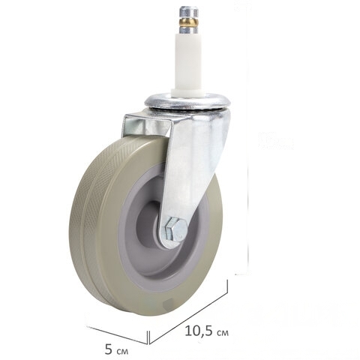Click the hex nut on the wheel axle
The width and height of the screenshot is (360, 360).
click(175, 229)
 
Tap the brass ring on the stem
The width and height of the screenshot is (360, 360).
click(189, 22)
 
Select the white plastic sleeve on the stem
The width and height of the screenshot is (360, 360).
click(188, 61)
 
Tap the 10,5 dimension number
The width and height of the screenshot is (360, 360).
click(199, 331)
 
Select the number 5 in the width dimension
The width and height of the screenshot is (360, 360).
click(109, 349)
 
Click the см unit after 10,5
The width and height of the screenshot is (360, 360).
click(222, 333)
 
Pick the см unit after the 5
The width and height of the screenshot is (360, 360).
click(122, 352)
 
